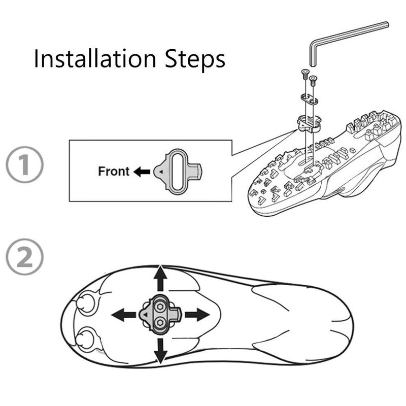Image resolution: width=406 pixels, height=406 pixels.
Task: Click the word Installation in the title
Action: click(95, 58)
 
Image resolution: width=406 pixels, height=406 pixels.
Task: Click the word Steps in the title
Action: click(195, 60)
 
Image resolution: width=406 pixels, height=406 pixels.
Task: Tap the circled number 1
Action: click(24, 164)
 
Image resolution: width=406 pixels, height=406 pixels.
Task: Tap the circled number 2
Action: click(24, 257)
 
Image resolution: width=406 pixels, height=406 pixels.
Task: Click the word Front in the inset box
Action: click(114, 171)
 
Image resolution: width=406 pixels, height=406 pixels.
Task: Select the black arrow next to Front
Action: click(142, 172)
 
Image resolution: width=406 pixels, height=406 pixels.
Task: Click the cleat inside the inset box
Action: click(177, 172)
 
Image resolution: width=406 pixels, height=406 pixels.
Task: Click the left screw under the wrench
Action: click(304, 75)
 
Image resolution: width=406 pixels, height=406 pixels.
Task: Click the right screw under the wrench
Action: click(313, 81)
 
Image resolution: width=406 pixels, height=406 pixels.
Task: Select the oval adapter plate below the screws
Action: click(310, 99)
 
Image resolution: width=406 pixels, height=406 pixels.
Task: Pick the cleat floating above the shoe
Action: click(309, 123)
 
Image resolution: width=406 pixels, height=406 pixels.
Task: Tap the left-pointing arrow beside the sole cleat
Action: click(124, 315)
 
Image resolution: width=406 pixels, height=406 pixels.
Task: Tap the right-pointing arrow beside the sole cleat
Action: click(197, 315)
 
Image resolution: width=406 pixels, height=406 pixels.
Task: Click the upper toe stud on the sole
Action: click(85, 303)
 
